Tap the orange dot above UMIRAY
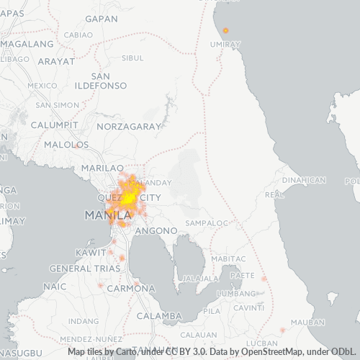(225, 30)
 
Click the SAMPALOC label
(206, 223)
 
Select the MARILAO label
(98, 168)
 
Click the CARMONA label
(130, 289)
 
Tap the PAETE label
(243, 274)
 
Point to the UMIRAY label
(225, 45)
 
